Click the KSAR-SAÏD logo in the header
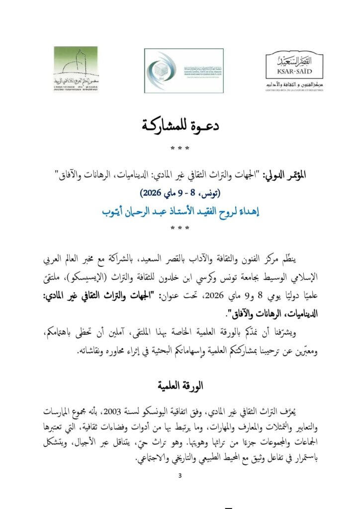pos(289,70)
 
